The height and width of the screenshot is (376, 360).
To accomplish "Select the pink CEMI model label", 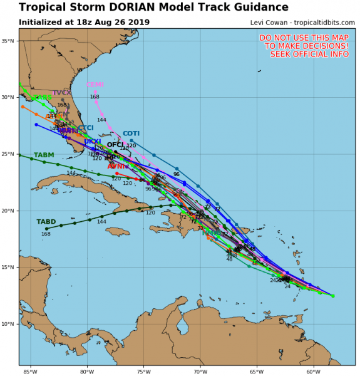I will click(x=95, y=85).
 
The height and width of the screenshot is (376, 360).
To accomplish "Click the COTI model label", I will click(x=131, y=133).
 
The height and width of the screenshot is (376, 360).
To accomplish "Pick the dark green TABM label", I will click(x=44, y=155).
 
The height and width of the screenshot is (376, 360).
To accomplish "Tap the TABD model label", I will click(x=46, y=222).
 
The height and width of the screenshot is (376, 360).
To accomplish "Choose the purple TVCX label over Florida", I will click(x=61, y=93).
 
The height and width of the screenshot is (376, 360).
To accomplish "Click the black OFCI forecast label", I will click(x=115, y=145).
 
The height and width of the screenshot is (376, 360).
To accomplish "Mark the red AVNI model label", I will click(x=115, y=166).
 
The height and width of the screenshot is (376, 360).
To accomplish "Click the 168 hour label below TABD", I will click(x=46, y=234).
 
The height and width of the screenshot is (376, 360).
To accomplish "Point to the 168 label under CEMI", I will click(x=95, y=97).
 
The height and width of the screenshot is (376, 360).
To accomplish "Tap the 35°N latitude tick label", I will click(x=9, y=41).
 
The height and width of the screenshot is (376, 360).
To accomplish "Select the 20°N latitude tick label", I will click(x=9, y=211).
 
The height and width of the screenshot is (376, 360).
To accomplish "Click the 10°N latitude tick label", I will click(x=9, y=324).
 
